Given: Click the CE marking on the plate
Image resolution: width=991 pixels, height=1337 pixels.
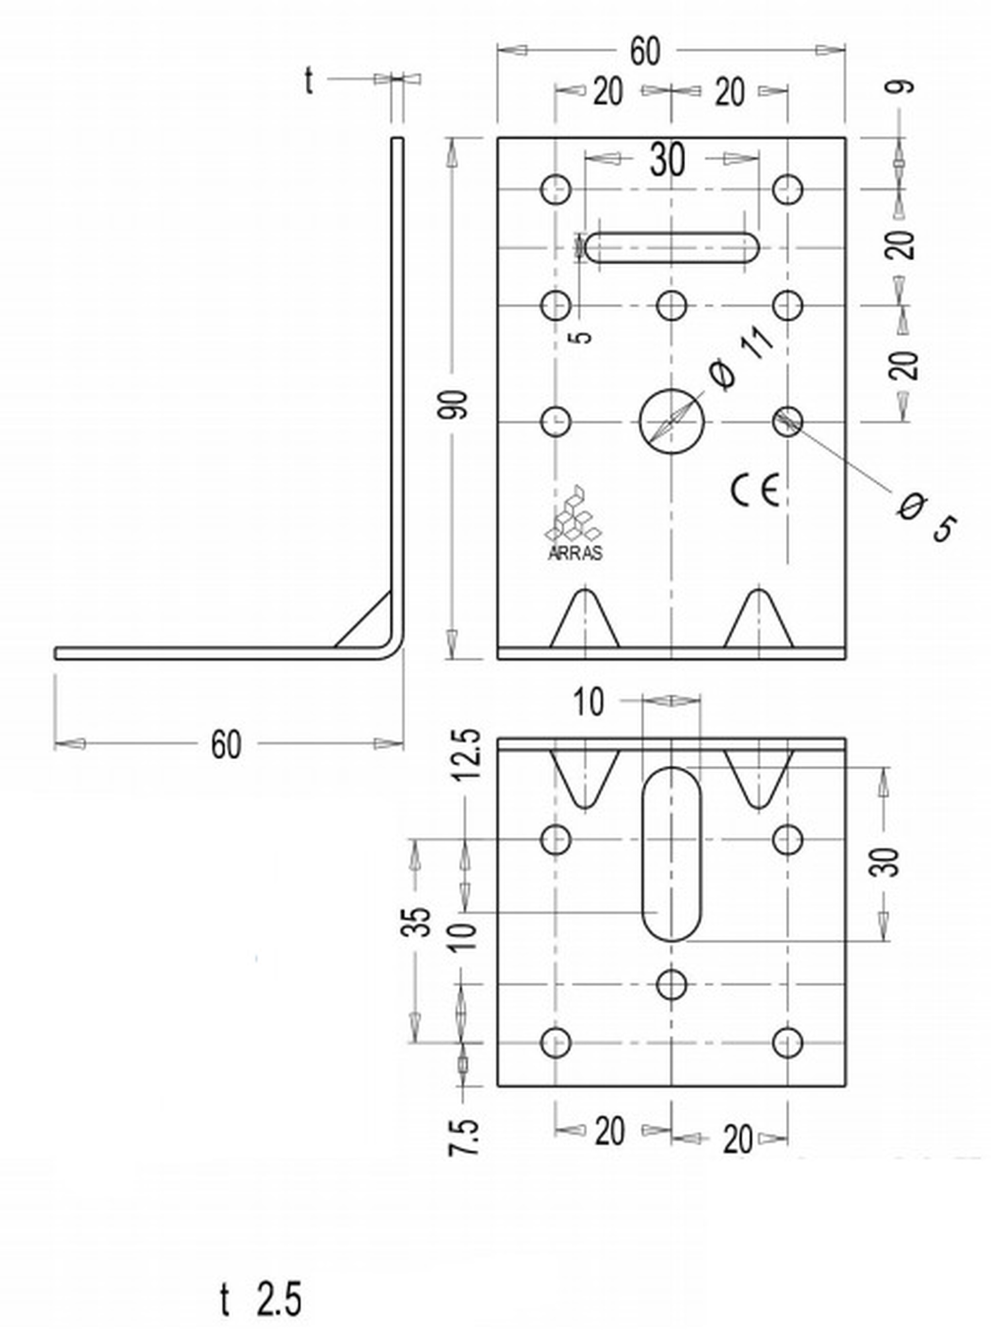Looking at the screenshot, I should (x=755, y=490).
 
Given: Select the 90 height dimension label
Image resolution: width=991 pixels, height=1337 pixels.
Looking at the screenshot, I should (x=455, y=405).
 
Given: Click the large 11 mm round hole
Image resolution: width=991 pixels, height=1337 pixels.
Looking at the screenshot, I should (x=672, y=421).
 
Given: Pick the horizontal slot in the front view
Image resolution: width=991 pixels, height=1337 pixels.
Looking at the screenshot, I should (x=672, y=247).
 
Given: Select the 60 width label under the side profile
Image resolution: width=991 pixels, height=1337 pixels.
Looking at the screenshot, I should (x=226, y=745).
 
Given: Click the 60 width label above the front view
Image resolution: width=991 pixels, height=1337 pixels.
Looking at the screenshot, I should (x=645, y=52).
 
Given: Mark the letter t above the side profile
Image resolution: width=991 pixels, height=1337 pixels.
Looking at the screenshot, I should (x=308, y=81).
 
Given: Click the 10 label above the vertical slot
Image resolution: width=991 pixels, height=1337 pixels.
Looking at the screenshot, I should (x=589, y=701).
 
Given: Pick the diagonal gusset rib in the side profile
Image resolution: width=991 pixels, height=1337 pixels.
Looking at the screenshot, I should (x=363, y=621).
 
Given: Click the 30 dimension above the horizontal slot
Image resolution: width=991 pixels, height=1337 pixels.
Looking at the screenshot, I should (x=667, y=160).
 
